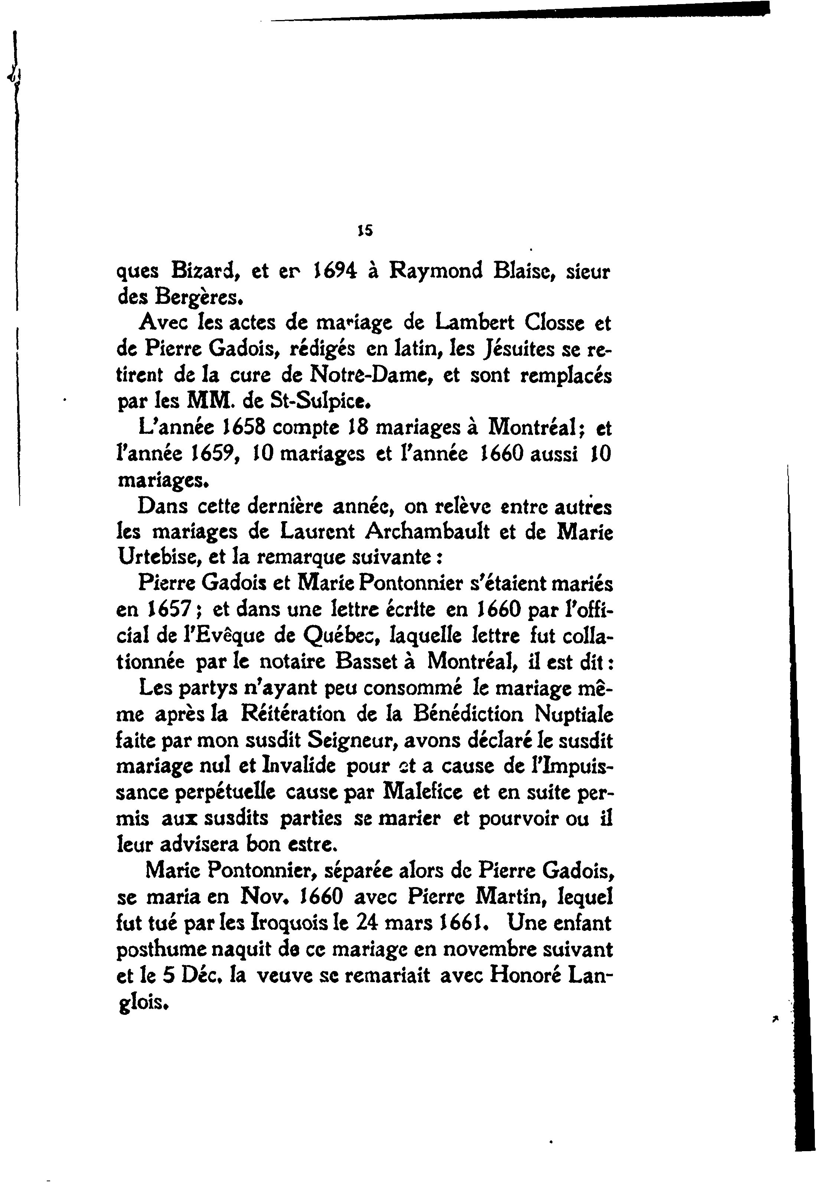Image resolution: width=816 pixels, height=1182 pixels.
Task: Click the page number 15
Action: pos(365,231)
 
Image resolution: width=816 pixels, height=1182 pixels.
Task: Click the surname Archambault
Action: pos(427,532)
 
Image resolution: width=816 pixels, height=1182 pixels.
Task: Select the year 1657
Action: pos(166,610)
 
